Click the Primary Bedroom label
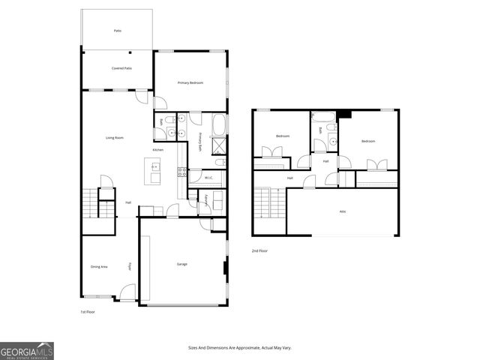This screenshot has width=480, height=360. [190, 82]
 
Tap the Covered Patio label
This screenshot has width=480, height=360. [121, 68]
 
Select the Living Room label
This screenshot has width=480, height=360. [114, 138]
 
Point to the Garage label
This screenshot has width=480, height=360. [182, 264]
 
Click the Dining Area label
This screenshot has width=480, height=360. [99, 266]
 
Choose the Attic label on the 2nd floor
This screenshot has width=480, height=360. [343, 211]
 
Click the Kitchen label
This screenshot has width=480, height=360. [158, 151]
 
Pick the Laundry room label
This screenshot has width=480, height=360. [206, 200]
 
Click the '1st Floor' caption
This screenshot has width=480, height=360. [88, 311]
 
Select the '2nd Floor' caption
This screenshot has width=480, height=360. [259, 250]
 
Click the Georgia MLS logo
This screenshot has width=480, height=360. [27, 351]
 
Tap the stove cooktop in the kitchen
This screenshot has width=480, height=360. [181, 172]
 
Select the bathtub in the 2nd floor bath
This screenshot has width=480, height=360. [323, 117]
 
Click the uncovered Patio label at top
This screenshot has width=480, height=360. [118, 31]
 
